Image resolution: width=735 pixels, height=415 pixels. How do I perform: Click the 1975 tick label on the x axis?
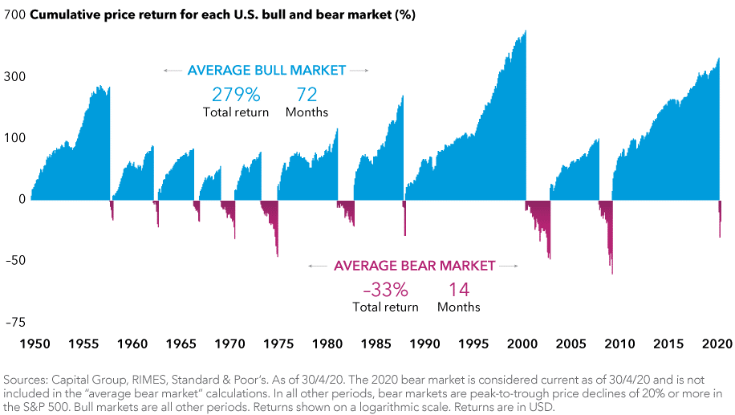point(278,344)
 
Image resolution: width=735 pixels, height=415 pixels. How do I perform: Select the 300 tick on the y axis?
point(17,76)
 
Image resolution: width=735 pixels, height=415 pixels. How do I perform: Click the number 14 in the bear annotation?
point(458,289)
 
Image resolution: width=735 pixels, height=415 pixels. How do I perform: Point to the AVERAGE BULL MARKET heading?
point(266,71)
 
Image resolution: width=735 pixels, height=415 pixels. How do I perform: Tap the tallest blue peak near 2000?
point(526,32)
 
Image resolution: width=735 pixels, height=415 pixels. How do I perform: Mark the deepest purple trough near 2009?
point(612,273)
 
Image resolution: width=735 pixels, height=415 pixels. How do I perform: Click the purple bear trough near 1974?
point(278,255)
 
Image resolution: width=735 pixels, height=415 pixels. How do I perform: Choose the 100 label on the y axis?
point(17,137)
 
